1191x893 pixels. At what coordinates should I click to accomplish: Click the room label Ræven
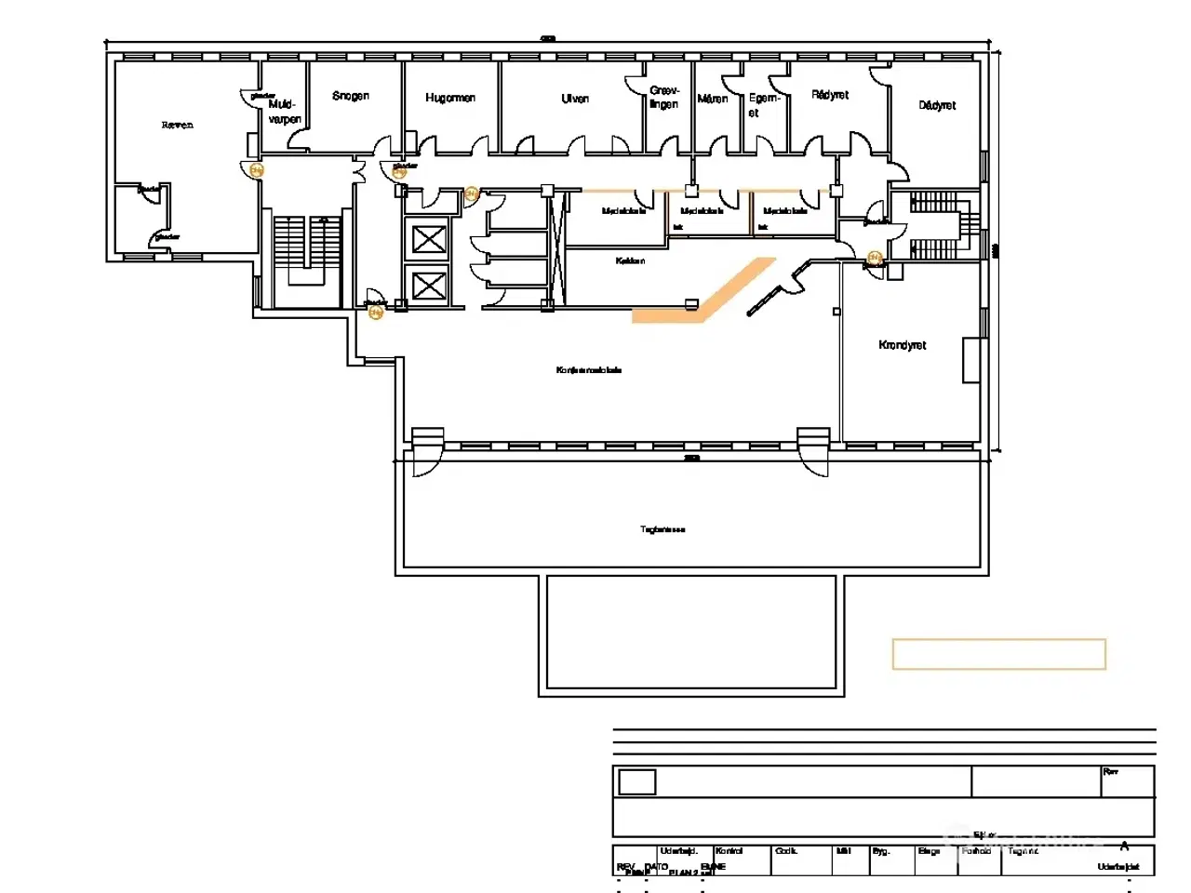tap(177, 125)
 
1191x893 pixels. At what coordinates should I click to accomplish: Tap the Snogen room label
tap(351, 96)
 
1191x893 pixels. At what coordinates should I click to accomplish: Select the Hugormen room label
tap(450, 98)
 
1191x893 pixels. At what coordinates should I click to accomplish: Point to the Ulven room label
tap(575, 99)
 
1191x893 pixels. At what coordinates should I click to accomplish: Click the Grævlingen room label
tap(664, 97)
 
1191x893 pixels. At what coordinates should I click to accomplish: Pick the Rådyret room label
tap(830, 95)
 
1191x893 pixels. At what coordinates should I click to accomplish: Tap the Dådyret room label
tap(937, 105)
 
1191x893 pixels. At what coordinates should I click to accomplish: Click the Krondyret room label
tap(902, 345)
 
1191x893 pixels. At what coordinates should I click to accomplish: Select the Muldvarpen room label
tap(284, 112)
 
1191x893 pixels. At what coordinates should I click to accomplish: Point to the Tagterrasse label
tap(662, 529)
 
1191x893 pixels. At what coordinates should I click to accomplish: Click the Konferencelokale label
tap(589, 370)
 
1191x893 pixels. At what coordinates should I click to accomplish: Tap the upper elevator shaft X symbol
tap(428, 239)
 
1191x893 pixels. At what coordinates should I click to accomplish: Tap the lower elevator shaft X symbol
tap(428, 285)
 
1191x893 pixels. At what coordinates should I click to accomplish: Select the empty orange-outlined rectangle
tap(998, 654)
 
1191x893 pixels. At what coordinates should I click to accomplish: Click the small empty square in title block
tap(636, 781)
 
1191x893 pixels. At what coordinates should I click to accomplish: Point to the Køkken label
tap(630, 260)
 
